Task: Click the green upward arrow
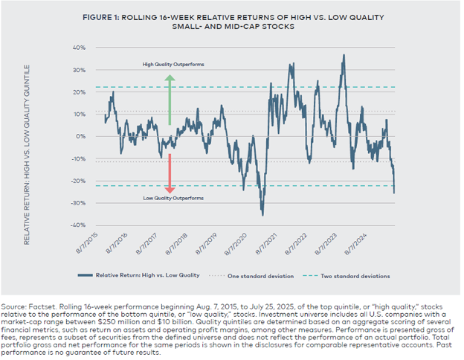coord(170,99)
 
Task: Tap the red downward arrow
coord(170,173)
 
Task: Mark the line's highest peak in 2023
coord(344,56)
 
